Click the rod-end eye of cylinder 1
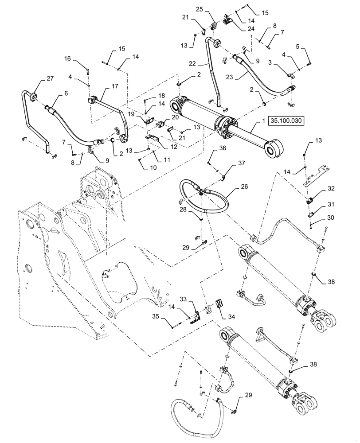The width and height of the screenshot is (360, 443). coord(274,148)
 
